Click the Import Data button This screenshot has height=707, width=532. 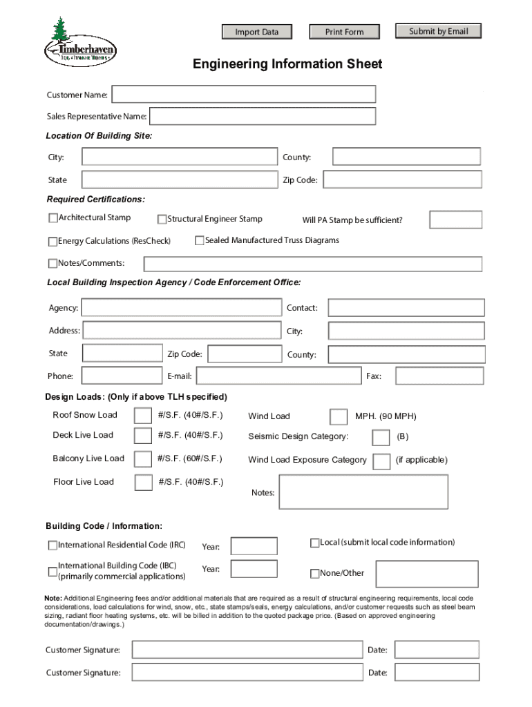(257, 32)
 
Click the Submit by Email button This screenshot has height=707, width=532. (438, 31)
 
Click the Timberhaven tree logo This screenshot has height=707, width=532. (79, 43)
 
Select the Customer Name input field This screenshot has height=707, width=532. (244, 95)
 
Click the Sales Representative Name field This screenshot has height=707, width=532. (263, 117)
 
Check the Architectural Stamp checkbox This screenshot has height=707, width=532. (53, 218)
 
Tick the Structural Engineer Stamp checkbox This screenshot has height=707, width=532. (162, 220)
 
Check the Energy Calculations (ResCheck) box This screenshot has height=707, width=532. (53, 242)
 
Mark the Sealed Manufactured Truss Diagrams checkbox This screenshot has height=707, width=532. (200, 240)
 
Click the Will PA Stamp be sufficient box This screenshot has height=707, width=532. (455, 220)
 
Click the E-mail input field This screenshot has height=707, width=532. (279, 376)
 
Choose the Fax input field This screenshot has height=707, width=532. (439, 376)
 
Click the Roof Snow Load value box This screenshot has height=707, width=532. (143, 416)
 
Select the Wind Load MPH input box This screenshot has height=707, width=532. (339, 416)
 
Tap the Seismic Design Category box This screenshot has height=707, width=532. (381, 438)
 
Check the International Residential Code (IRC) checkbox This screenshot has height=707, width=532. (53, 545)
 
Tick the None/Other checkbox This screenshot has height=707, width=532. (315, 573)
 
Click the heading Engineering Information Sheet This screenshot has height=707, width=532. (287, 64)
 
